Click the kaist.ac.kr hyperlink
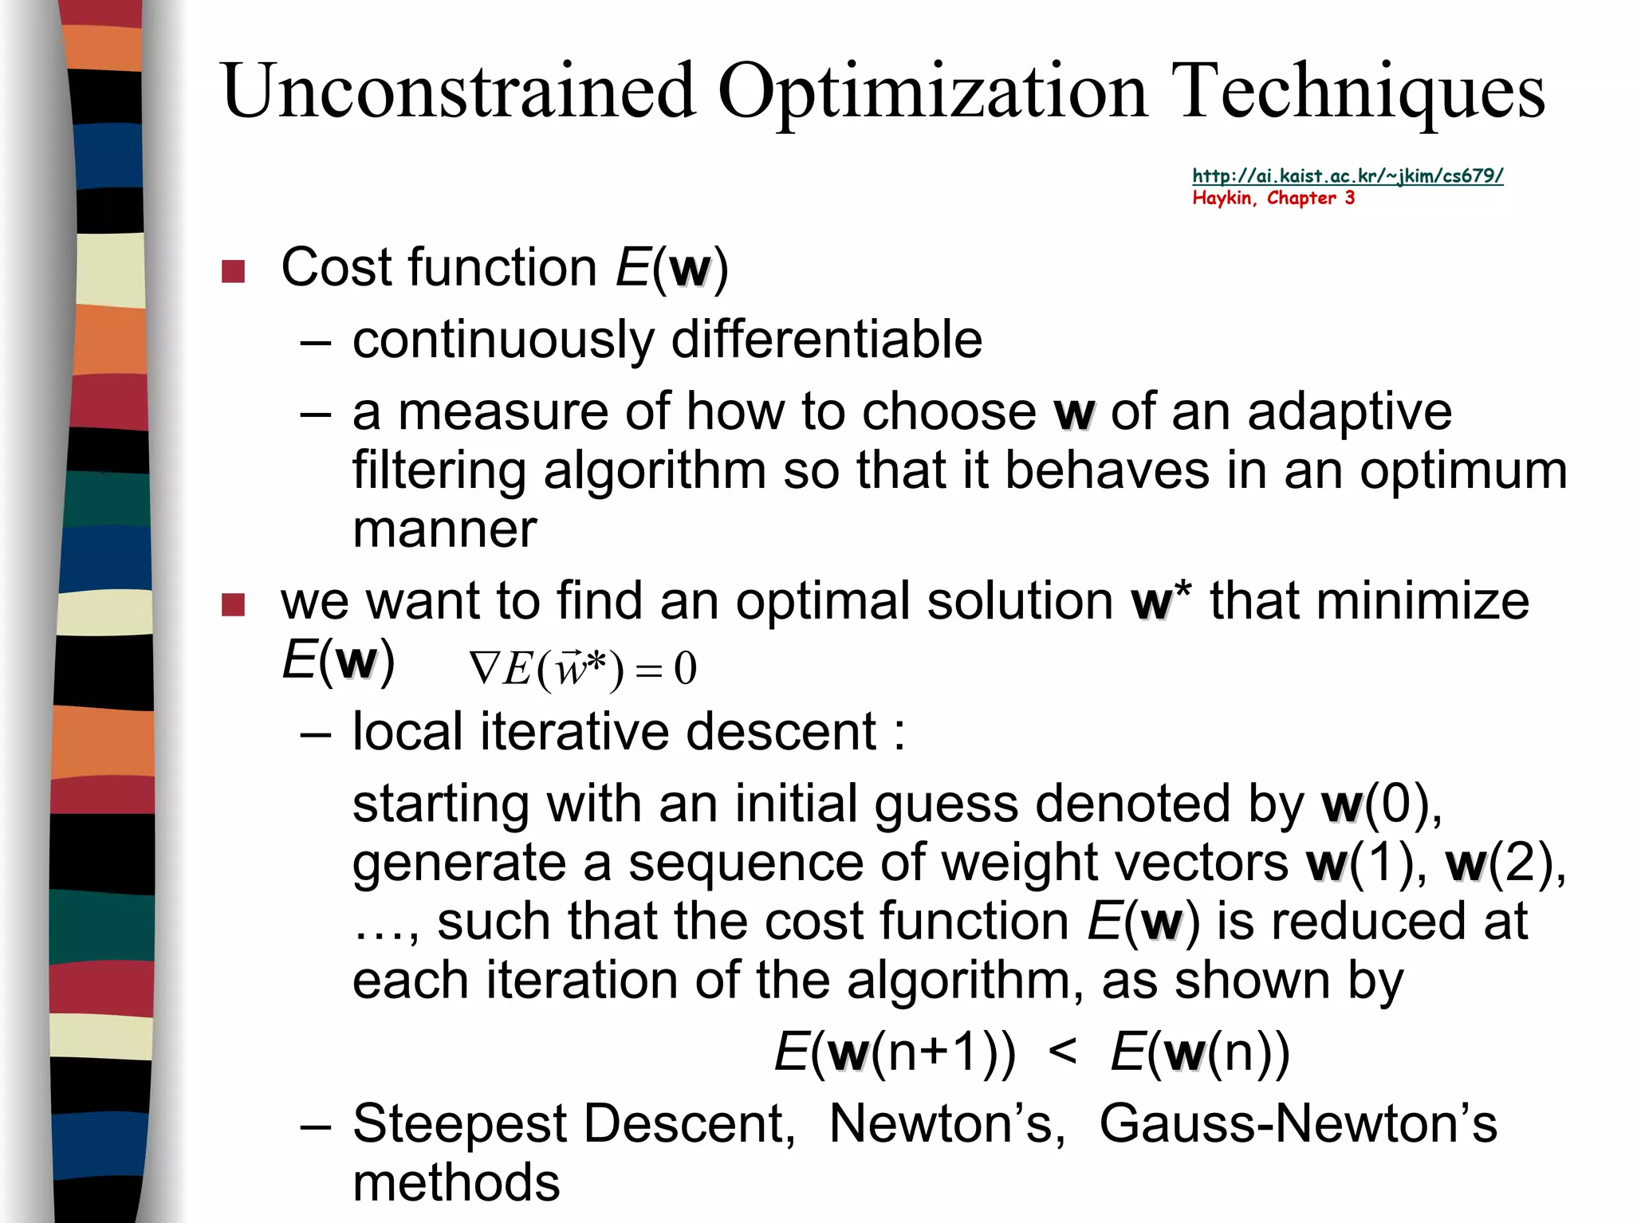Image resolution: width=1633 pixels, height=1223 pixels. pos(1348,176)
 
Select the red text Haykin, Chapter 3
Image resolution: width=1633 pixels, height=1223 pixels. pos(1273,198)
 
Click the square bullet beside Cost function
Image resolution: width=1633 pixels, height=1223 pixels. pos(233,272)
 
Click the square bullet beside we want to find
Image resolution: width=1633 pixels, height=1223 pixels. pos(233,605)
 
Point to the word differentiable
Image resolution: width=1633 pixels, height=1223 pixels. pos(827,340)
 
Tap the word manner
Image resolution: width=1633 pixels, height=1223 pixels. pos(445,529)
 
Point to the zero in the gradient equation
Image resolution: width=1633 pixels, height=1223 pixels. pos(685,668)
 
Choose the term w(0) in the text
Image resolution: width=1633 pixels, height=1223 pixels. pos(1380,804)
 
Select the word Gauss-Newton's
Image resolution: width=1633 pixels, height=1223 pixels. pos(1298,1124)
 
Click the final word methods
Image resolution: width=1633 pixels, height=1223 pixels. pos(456,1182)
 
